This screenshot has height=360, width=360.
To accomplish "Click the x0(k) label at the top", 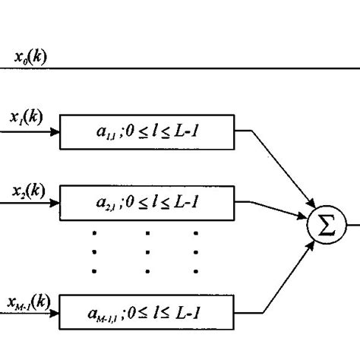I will coord(30,56).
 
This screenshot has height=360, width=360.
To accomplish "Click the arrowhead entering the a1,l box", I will coord(54,131).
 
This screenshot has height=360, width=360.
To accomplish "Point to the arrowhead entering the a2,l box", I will coord(54,203).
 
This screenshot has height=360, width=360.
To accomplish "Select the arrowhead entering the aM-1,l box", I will coord(54,313).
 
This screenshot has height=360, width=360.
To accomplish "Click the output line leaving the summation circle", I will coord(352,227).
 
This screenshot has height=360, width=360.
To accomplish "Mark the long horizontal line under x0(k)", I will coord(190,68).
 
